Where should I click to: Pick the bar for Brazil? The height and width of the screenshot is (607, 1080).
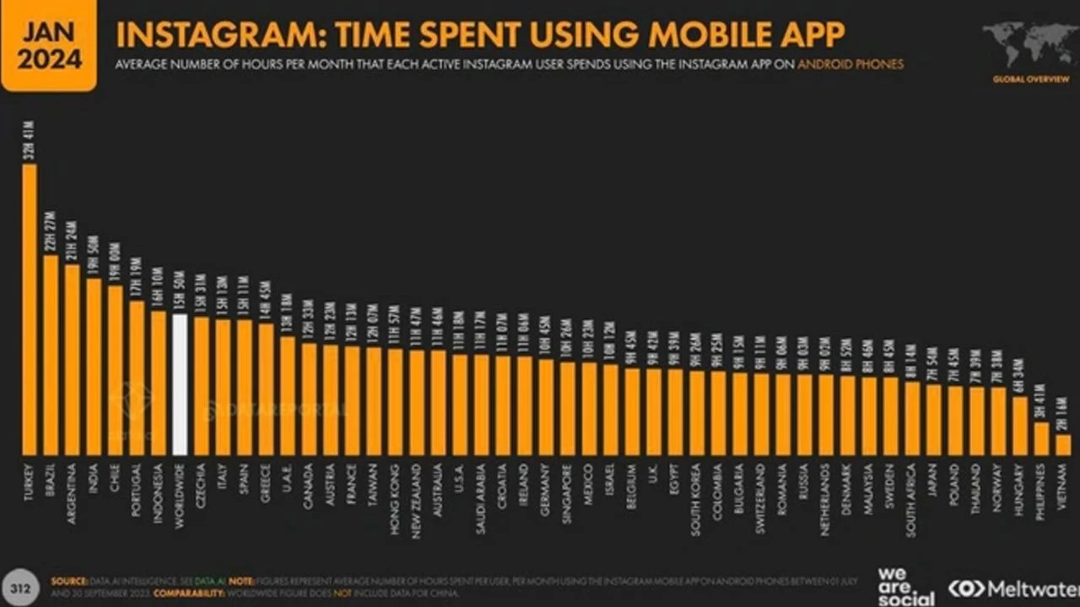pyautogui.click(x=51, y=355)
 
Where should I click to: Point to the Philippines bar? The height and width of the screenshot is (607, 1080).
pyautogui.click(x=1041, y=439)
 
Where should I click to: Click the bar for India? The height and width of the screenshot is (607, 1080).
pyautogui.click(x=94, y=367)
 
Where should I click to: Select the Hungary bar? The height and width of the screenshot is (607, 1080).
pyautogui.click(x=1020, y=427)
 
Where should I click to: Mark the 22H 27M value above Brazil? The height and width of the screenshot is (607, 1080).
pyautogui.click(x=51, y=232)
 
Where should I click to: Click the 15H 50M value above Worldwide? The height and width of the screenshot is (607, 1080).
pyautogui.click(x=179, y=292)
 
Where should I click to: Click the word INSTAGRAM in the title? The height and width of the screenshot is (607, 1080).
pyautogui.click(x=217, y=35)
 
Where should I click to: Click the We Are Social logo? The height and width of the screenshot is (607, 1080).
pyautogui.click(x=904, y=586)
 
